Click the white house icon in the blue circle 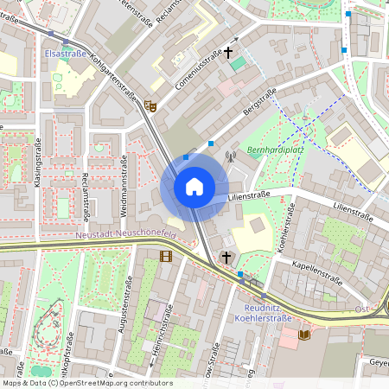tap(194, 187)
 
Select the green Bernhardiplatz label tap(272, 150)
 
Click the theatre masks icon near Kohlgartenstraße tap(151, 106)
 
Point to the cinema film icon tap(165, 255)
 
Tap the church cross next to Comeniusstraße tap(229, 53)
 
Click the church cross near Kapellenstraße tap(227, 257)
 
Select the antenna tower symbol tap(230, 157)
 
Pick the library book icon tap(303, 334)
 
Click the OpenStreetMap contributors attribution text tap(87, 383)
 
